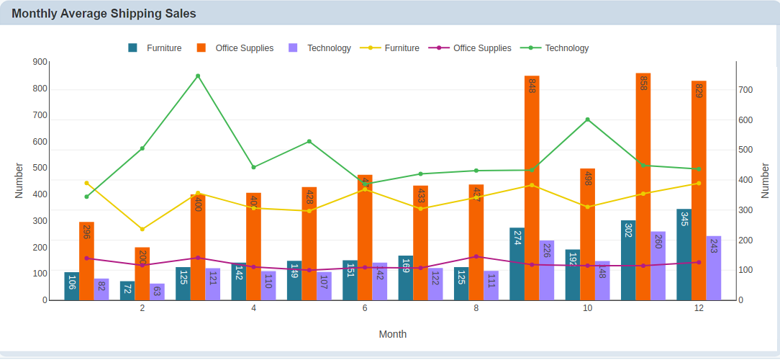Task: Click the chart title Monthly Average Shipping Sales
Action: pos(104,14)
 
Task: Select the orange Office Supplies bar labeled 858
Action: pos(643,187)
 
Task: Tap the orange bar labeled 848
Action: pos(532,187)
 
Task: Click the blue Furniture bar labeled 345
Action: pos(684,255)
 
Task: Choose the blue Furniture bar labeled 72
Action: pos(127,291)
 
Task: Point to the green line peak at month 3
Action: pos(198,76)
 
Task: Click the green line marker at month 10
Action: pos(588,120)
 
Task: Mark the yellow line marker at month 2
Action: pos(142,229)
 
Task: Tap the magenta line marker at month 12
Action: pos(699,262)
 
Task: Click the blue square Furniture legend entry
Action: pos(132,48)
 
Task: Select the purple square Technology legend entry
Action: pos(293,48)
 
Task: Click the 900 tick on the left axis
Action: pos(40,63)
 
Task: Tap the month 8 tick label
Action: pos(476,308)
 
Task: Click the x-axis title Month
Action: pos(393,334)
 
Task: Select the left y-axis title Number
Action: pos(19,180)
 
